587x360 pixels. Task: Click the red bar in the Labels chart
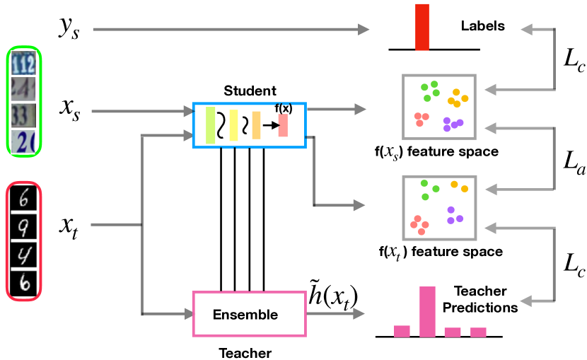click(x=422, y=27)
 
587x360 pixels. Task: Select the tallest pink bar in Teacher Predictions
click(x=427, y=311)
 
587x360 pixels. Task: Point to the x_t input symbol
click(x=70, y=226)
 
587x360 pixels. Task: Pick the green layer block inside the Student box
click(x=210, y=124)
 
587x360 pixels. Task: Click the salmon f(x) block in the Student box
click(x=283, y=125)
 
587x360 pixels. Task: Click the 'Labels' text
click(x=482, y=26)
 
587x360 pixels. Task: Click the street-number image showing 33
click(x=25, y=114)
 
